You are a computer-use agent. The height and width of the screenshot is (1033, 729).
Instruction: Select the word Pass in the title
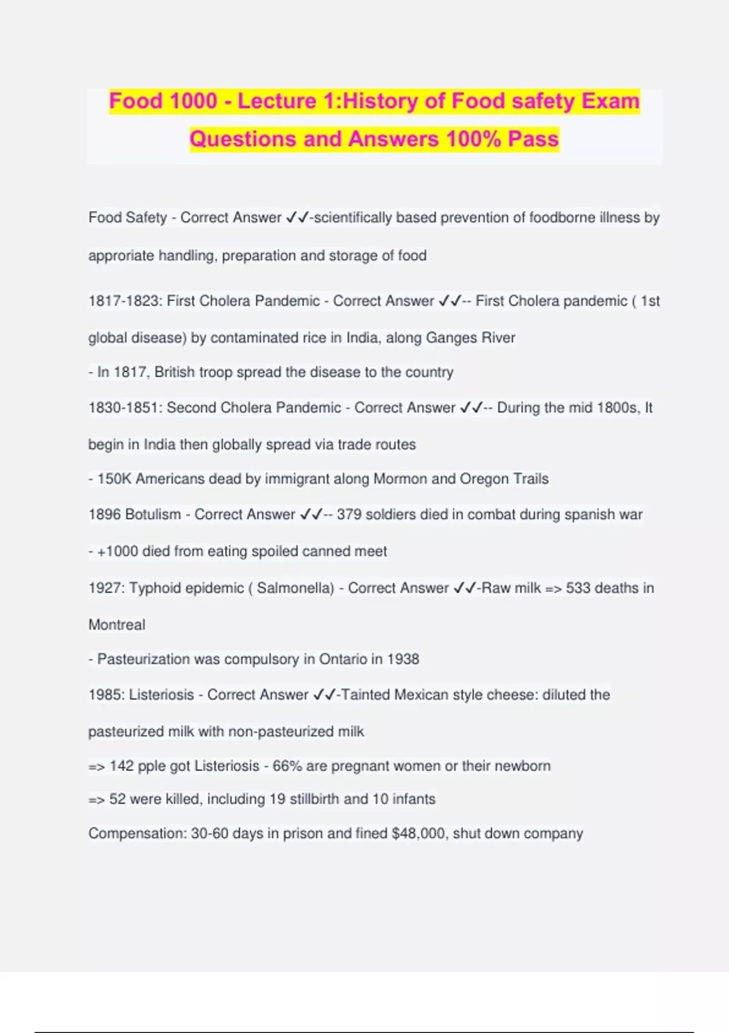click(x=533, y=139)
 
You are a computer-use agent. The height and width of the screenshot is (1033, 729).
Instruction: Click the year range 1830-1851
click(x=123, y=408)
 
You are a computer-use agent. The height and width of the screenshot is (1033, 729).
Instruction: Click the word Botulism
click(x=152, y=515)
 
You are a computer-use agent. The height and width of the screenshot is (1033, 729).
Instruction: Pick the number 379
click(x=349, y=515)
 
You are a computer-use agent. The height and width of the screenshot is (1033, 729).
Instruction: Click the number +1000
click(x=118, y=551)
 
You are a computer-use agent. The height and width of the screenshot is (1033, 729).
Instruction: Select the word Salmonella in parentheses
click(x=295, y=588)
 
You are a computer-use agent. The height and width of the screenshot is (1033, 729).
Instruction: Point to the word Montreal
click(x=117, y=625)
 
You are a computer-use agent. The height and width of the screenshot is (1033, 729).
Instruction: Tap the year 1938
click(x=403, y=659)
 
